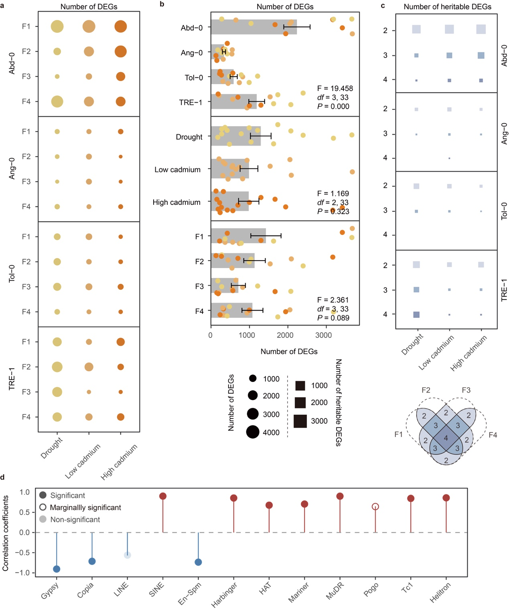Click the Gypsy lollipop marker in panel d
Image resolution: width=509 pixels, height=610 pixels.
tap(57, 569)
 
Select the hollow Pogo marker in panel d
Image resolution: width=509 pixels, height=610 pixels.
tap(375, 507)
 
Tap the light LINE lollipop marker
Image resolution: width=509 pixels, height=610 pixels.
tap(127, 555)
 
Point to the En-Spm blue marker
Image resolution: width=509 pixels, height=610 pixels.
tap(198, 562)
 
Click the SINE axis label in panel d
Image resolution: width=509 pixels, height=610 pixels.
tap(156, 589)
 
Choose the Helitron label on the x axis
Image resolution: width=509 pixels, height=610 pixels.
tap(440, 592)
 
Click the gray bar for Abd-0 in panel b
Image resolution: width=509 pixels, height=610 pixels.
tap(253, 27)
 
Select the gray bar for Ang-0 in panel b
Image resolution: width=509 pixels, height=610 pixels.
tap(217, 52)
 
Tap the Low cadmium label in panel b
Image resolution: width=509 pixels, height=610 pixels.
tap(177, 170)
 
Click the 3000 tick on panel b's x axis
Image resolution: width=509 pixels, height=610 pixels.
tap(323, 335)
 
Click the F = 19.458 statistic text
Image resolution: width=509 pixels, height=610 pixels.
tap(335, 88)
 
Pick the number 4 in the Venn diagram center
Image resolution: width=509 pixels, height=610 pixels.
tap(446, 438)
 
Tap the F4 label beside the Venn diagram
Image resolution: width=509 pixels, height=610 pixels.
tap(493, 435)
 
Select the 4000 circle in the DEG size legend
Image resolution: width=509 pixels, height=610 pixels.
tap(253, 432)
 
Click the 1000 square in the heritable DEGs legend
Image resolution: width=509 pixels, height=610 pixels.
tap(300, 386)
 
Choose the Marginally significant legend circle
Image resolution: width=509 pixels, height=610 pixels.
tap(43, 507)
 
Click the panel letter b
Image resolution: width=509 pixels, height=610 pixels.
tap(162, 4)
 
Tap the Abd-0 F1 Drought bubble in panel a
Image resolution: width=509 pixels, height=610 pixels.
tap(57, 26)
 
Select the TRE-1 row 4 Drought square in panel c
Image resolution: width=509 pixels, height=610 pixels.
tap(416, 315)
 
